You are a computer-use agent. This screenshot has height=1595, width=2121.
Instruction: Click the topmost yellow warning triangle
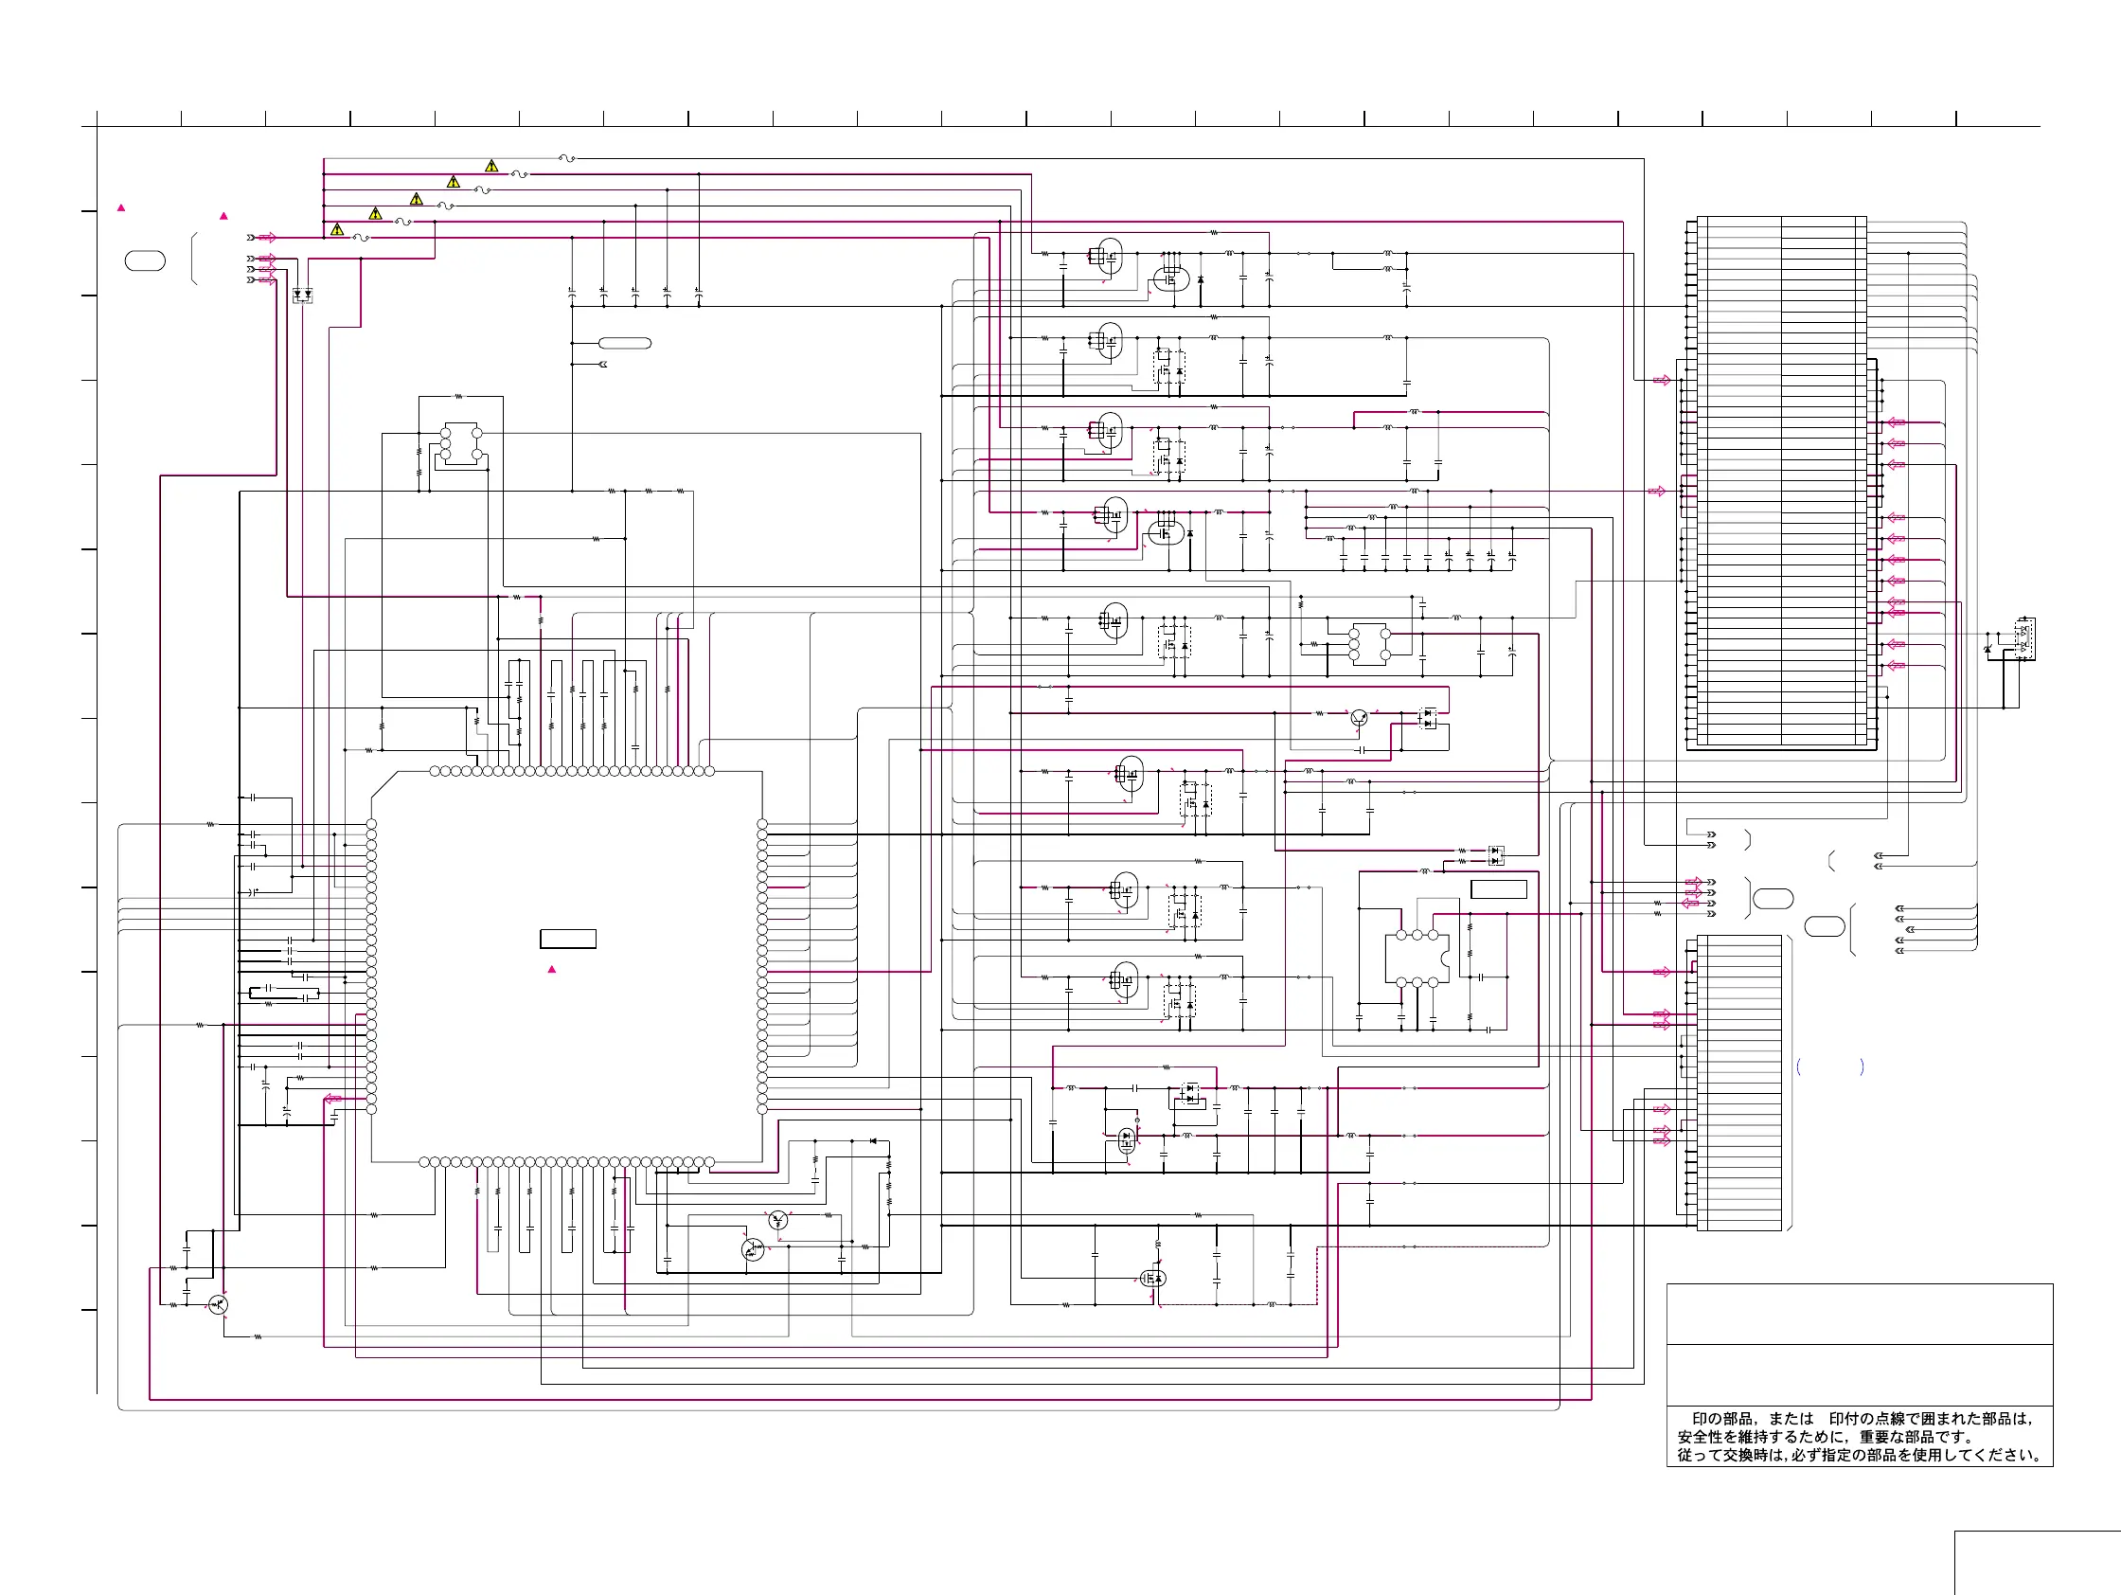click(x=491, y=166)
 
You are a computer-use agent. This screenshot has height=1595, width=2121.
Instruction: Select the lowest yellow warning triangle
click(x=337, y=229)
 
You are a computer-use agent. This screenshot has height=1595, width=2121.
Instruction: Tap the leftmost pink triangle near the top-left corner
click(x=121, y=207)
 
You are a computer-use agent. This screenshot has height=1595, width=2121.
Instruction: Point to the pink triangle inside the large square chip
click(x=551, y=969)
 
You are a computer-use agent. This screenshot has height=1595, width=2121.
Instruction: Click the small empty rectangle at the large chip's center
click(x=567, y=939)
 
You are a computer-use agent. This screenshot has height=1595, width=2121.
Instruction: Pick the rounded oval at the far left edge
click(x=145, y=260)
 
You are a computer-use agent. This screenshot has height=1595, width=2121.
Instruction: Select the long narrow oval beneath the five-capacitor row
click(x=624, y=344)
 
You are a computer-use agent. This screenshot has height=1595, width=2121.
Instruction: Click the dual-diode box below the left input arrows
click(x=302, y=295)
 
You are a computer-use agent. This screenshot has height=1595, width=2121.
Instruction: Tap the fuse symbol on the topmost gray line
click(x=566, y=158)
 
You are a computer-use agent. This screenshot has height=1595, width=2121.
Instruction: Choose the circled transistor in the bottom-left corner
click(x=219, y=1304)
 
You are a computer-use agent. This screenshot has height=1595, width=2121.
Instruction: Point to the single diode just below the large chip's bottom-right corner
click(x=873, y=1140)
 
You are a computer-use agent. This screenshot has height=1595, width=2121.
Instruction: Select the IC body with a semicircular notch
click(x=1417, y=959)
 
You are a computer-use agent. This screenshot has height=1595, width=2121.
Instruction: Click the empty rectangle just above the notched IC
click(x=1499, y=889)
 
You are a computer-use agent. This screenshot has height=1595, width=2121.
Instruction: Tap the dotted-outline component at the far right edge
click(x=2024, y=638)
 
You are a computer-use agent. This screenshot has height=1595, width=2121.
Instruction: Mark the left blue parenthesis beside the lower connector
click(x=1799, y=1066)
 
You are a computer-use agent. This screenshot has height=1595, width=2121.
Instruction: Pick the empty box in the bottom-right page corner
click(x=2038, y=1564)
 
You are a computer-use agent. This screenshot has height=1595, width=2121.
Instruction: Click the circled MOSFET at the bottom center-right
click(x=1152, y=1279)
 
